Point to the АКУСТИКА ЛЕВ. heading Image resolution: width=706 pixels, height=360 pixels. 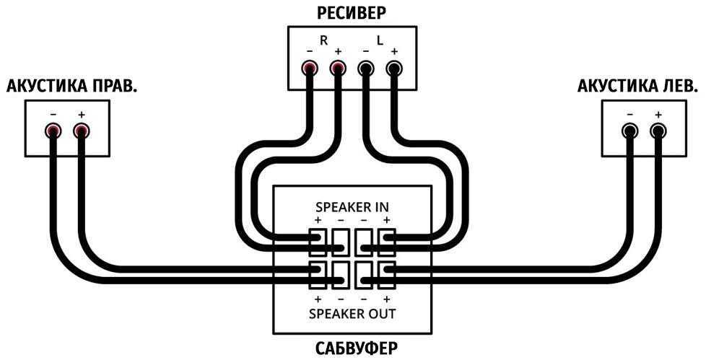point(638,87)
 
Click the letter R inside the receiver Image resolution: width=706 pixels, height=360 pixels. point(323,41)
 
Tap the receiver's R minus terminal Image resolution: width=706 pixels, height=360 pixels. point(310,69)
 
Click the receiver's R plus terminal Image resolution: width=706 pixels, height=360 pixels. point(337,69)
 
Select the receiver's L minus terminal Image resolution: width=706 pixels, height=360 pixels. point(366,69)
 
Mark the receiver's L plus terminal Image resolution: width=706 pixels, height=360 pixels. point(393,69)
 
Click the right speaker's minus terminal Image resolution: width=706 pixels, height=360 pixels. point(53,131)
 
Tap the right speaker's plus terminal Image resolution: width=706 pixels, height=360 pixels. point(81,131)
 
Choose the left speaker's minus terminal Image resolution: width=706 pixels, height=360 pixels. point(630,131)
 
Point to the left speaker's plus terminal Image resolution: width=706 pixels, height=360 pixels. point(658,131)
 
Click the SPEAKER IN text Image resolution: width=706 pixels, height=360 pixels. point(352,206)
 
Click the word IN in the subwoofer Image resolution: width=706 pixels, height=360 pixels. point(382,206)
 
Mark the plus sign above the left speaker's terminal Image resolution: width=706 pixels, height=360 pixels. point(658,115)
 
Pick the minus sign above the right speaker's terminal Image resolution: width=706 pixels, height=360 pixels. point(53,115)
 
